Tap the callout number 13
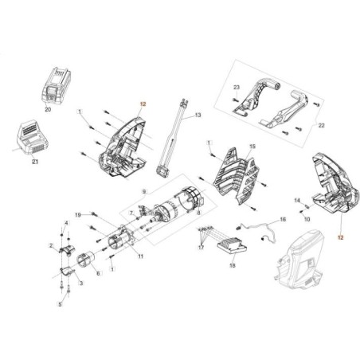click(x=198, y=115)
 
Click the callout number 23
click(x=237, y=85)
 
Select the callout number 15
click(x=252, y=147)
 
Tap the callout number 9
click(x=143, y=192)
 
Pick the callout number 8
click(x=198, y=213)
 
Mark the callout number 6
click(x=97, y=273)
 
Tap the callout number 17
click(x=201, y=248)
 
